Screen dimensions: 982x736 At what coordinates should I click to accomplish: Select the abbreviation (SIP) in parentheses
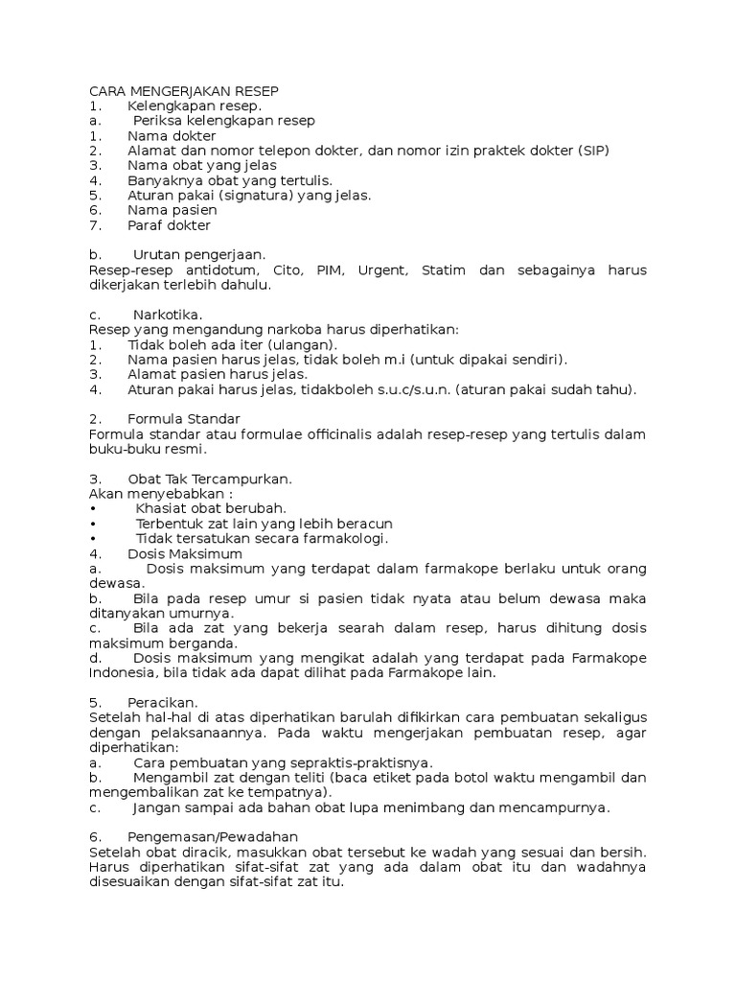[x=589, y=151]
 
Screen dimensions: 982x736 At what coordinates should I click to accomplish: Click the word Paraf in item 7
[x=146, y=225]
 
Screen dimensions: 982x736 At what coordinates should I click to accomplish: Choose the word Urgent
[x=382, y=270]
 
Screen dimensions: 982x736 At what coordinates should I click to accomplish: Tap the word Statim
[x=443, y=270]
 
